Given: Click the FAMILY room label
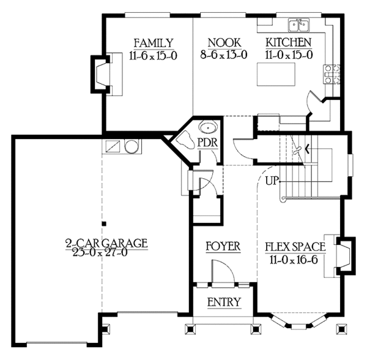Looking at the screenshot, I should click(154, 42).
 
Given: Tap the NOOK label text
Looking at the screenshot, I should click(223, 42).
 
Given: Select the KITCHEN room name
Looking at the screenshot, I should click(288, 42).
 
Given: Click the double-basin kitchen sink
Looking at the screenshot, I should click(300, 25).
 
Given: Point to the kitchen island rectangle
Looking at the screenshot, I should click(273, 77).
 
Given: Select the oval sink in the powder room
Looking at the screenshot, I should click(209, 129).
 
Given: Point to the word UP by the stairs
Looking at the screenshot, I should click(273, 181).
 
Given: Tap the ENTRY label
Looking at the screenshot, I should click(223, 302).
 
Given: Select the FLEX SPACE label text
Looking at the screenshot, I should click(295, 247).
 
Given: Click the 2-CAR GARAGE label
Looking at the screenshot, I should click(106, 243).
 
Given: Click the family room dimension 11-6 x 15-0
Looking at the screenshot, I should click(154, 54).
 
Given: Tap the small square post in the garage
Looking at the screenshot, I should click(104, 223).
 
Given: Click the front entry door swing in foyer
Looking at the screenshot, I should click(220, 271).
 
